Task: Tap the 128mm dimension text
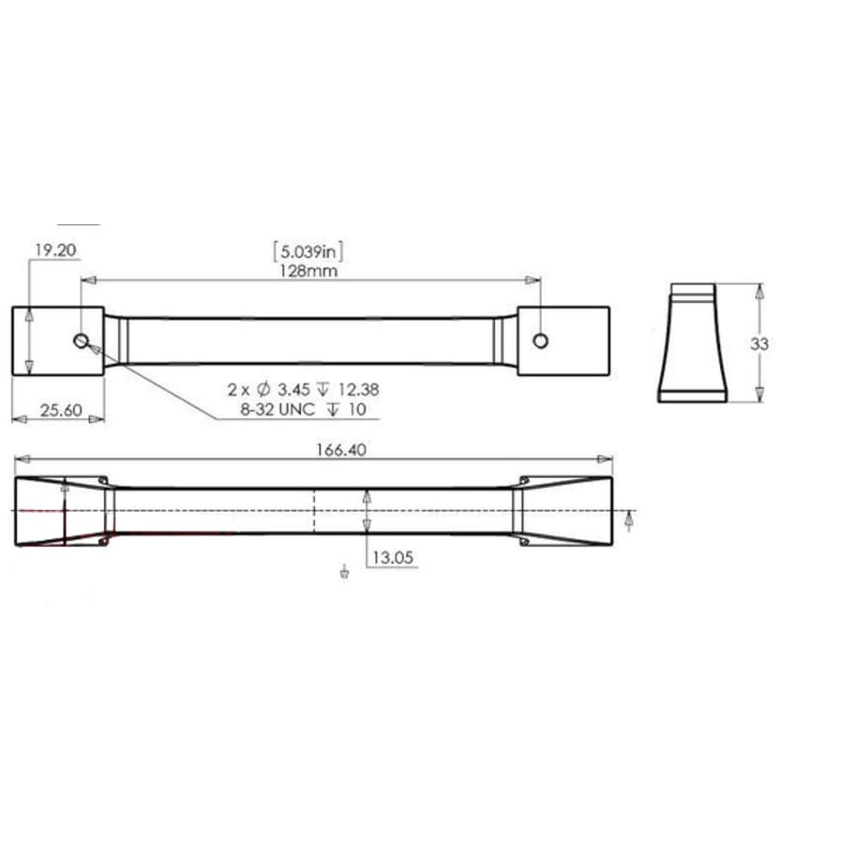[x=309, y=270]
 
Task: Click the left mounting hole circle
[x=82, y=340]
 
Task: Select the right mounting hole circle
[x=540, y=340]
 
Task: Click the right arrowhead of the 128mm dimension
[x=534, y=279]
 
